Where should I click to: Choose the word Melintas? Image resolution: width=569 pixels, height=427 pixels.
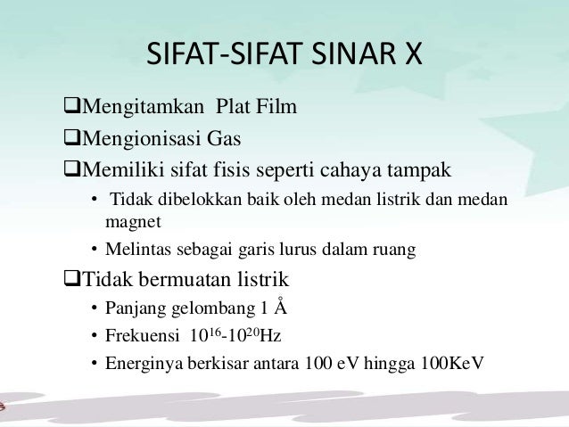point(136,249)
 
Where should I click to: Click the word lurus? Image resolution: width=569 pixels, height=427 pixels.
point(317,249)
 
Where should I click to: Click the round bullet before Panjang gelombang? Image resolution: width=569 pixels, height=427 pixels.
point(94,309)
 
